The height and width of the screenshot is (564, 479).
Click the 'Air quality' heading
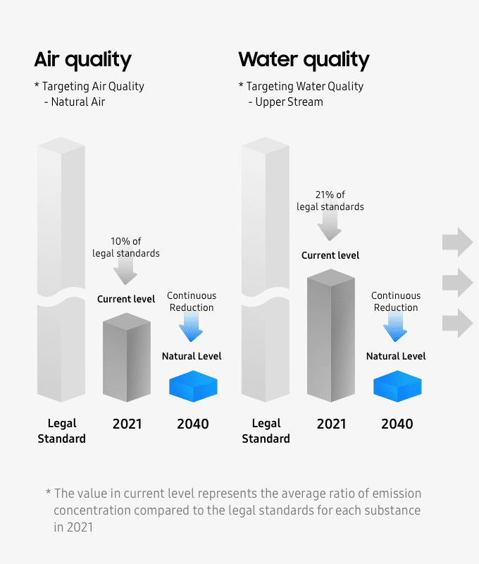coord(82,59)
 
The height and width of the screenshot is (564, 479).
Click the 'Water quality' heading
coord(304,59)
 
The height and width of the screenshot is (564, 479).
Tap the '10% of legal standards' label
coord(126,247)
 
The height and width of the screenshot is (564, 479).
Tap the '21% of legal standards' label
coord(330,201)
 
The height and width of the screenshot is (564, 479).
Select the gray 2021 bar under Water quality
coord(331,335)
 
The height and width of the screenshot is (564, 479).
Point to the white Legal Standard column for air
coord(61,268)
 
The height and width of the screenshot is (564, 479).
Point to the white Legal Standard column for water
coord(266,268)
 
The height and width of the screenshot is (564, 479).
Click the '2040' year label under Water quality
coord(397,424)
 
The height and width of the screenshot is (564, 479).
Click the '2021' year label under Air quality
coord(127,424)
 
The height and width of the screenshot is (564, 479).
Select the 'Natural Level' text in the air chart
coord(192,356)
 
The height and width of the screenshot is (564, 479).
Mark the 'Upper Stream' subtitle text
coord(289,102)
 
